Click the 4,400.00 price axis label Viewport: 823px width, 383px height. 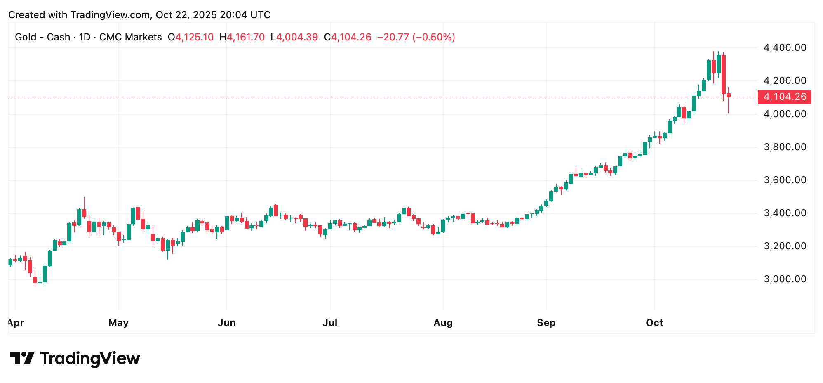point(785,47)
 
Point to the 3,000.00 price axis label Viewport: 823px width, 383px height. point(785,279)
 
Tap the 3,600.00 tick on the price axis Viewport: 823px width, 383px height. point(785,180)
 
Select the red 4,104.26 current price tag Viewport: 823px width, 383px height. point(784,97)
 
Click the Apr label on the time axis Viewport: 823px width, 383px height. point(16,323)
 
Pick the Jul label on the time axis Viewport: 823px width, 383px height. point(330,323)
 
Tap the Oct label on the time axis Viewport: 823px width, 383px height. point(654,323)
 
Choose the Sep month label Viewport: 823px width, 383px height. point(546,323)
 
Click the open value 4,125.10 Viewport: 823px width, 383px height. point(194,37)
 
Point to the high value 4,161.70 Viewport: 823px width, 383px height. point(245,37)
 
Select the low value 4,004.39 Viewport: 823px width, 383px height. point(297,37)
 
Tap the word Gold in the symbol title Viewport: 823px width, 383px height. point(26,37)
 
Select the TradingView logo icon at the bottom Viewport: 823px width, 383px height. point(22,358)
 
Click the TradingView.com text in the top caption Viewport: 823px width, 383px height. point(110,15)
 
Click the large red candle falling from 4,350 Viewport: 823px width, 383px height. point(724,74)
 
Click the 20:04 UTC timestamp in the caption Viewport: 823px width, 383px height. point(245,15)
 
